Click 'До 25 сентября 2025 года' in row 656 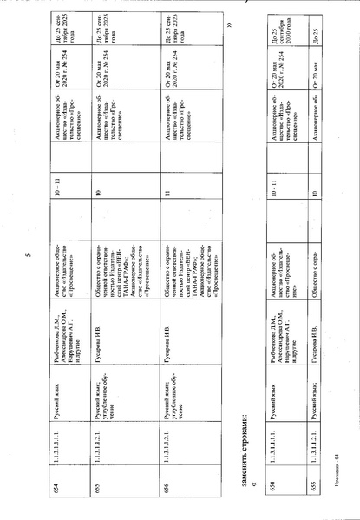173,34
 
